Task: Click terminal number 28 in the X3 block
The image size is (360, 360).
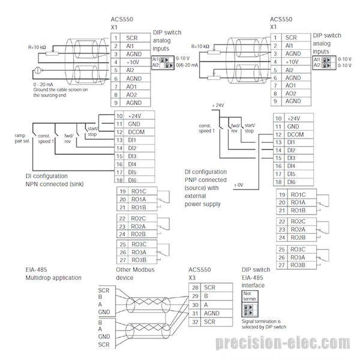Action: (x=194, y=288)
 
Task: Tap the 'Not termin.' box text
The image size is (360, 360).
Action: (x=250, y=298)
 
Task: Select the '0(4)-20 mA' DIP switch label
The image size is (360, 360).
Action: (x=185, y=65)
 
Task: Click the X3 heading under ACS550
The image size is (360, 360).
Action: (x=192, y=278)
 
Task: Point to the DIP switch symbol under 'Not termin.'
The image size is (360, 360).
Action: (x=249, y=311)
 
